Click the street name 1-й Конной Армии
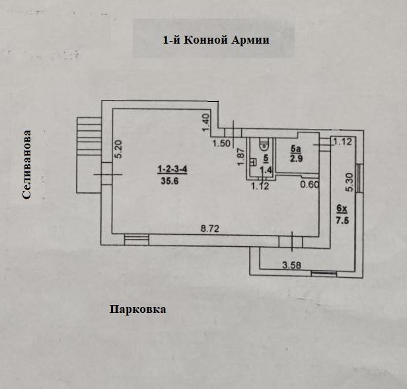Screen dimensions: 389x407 216,40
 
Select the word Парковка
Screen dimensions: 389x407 137,309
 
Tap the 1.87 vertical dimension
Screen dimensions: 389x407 242,157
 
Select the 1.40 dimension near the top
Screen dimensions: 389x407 205,120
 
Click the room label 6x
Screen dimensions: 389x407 342,209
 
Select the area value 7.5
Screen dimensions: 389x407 342,221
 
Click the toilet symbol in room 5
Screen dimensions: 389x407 264,142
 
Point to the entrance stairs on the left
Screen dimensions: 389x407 87,137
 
